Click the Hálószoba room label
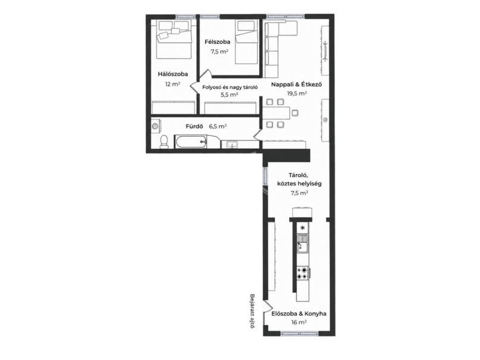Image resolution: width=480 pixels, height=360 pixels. [173, 74]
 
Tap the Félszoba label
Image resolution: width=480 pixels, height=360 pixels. [217, 42]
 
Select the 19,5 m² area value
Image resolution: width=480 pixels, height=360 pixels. [296, 94]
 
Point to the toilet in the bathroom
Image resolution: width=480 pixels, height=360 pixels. [164, 142]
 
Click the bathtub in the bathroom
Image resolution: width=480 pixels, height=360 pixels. [190, 142]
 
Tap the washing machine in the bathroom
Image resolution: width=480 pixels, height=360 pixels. [155, 126]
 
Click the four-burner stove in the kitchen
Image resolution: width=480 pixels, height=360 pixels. [303, 273]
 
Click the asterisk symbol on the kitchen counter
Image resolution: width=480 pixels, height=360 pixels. [303, 228]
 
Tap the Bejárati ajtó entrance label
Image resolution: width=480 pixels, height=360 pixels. [252, 311]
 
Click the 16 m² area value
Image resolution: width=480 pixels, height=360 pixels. [299, 322]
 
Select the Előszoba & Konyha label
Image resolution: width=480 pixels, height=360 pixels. [299, 314]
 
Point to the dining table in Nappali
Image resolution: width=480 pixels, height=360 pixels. [276, 113]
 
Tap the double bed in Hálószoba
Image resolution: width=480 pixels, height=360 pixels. [174, 39]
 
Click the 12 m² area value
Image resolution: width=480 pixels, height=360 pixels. [172, 84]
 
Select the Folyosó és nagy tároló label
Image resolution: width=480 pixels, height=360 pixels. [230, 87]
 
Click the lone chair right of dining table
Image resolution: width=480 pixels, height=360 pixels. [295, 113]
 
